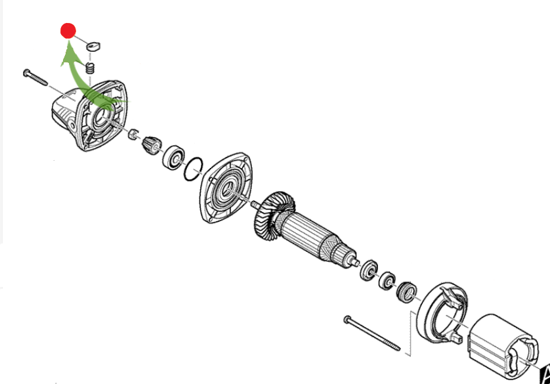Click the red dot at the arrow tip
[x=68, y=30]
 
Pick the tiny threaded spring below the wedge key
[x=92, y=68]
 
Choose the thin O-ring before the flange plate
[x=192, y=169]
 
